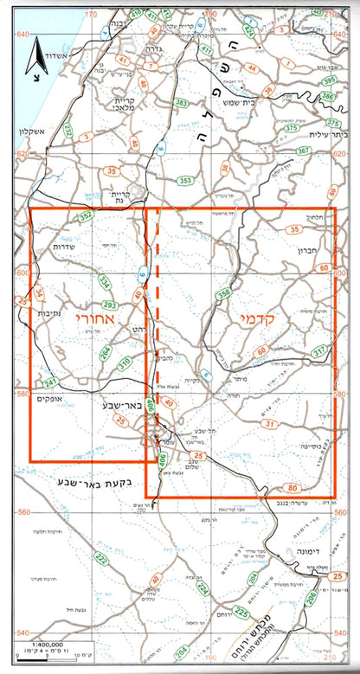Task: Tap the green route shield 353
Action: (185, 181)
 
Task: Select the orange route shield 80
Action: (292, 487)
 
